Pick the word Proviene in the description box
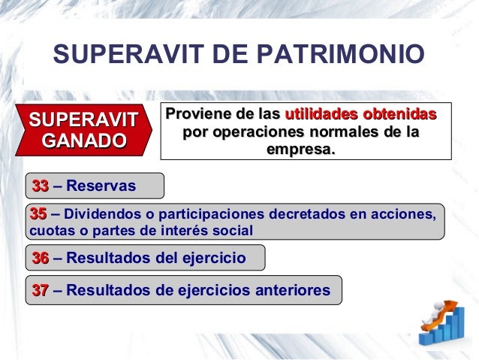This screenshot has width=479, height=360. pos(197,116)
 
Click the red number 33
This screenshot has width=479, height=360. pos(40,186)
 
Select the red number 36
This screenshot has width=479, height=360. pos(40,258)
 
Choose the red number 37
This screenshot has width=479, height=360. pos(40,289)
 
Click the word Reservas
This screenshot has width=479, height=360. pos(101,186)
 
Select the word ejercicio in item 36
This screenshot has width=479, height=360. pos(209,258)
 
